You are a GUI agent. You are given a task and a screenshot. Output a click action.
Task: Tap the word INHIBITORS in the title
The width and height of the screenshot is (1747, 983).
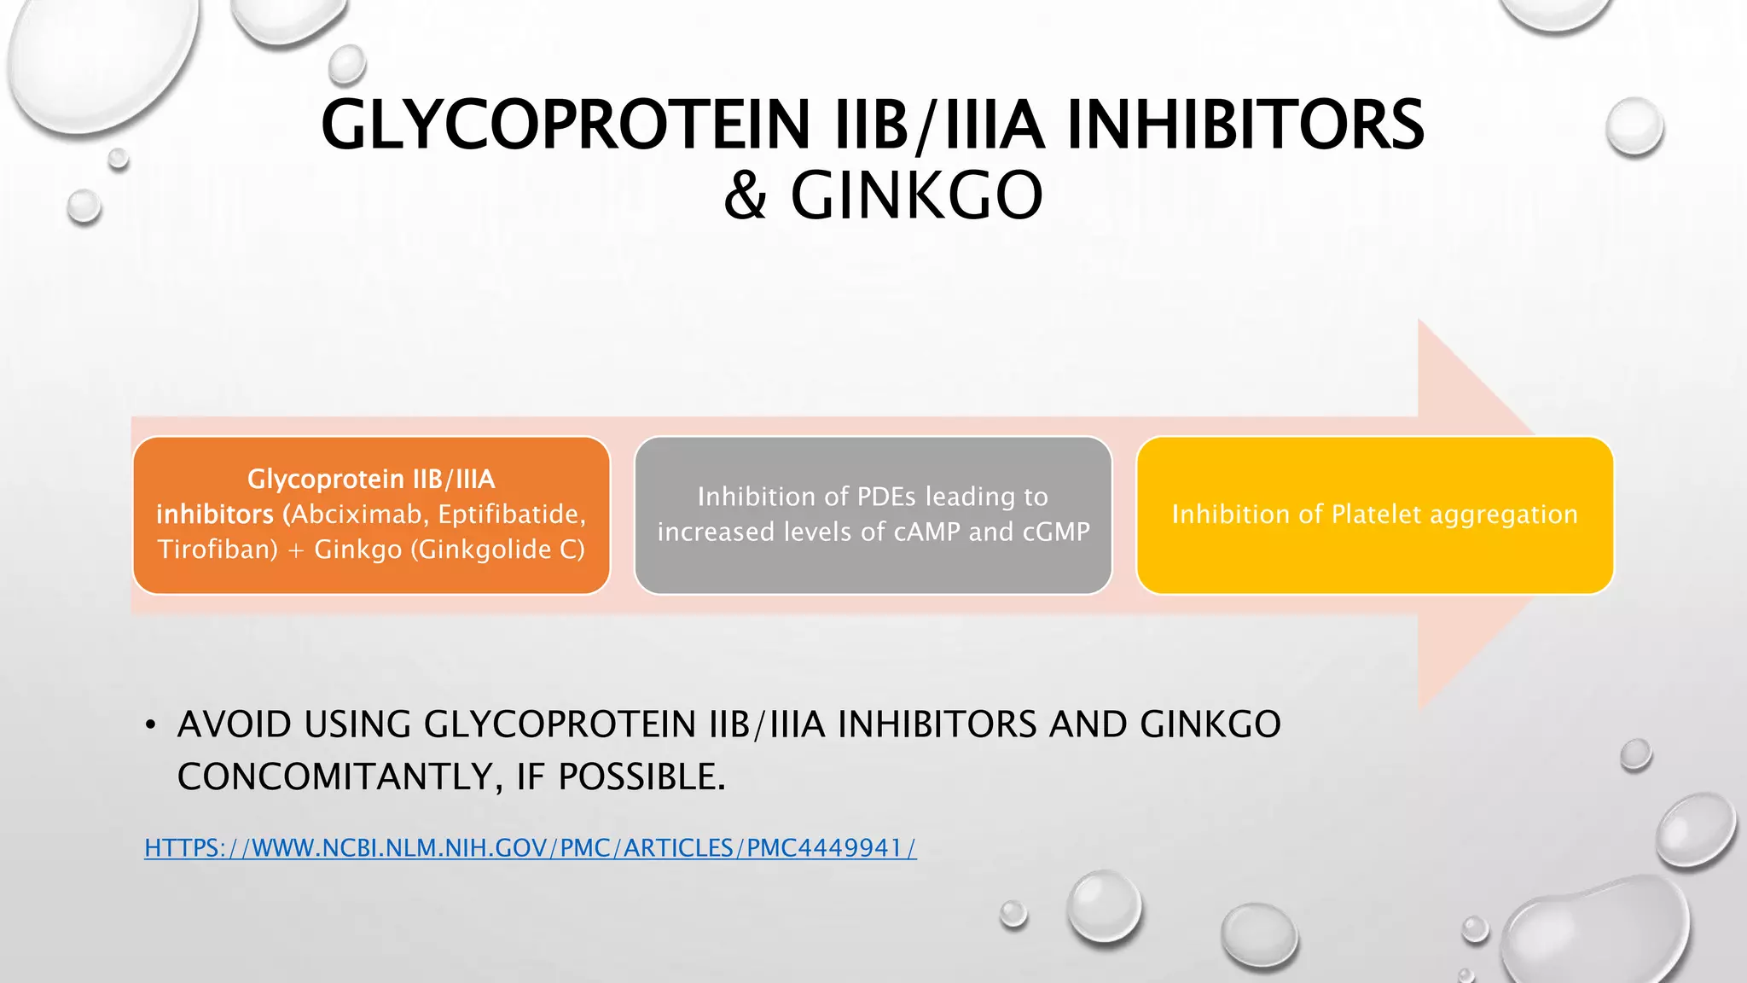pyautogui.click(x=1245, y=125)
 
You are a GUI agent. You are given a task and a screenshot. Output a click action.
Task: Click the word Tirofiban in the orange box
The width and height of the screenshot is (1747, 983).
pyautogui.click(x=218, y=550)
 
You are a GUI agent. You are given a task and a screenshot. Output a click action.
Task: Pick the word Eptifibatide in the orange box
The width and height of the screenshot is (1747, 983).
pyautogui.click(x=511, y=515)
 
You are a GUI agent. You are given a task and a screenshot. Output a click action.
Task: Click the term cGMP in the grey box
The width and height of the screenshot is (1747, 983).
pyautogui.click(x=1056, y=532)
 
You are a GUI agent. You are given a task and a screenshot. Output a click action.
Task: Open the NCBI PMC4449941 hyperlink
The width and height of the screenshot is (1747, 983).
pyautogui.click(x=530, y=848)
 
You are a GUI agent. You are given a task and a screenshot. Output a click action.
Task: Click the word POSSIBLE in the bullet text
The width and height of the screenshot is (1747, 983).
pyautogui.click(x=641, y=777)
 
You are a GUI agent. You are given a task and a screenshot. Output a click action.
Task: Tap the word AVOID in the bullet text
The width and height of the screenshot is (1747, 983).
pyautogui.click(x=235, y=725)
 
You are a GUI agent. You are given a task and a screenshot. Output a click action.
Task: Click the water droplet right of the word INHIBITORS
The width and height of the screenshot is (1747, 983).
pyautogui.click(x=1634, y=126)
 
